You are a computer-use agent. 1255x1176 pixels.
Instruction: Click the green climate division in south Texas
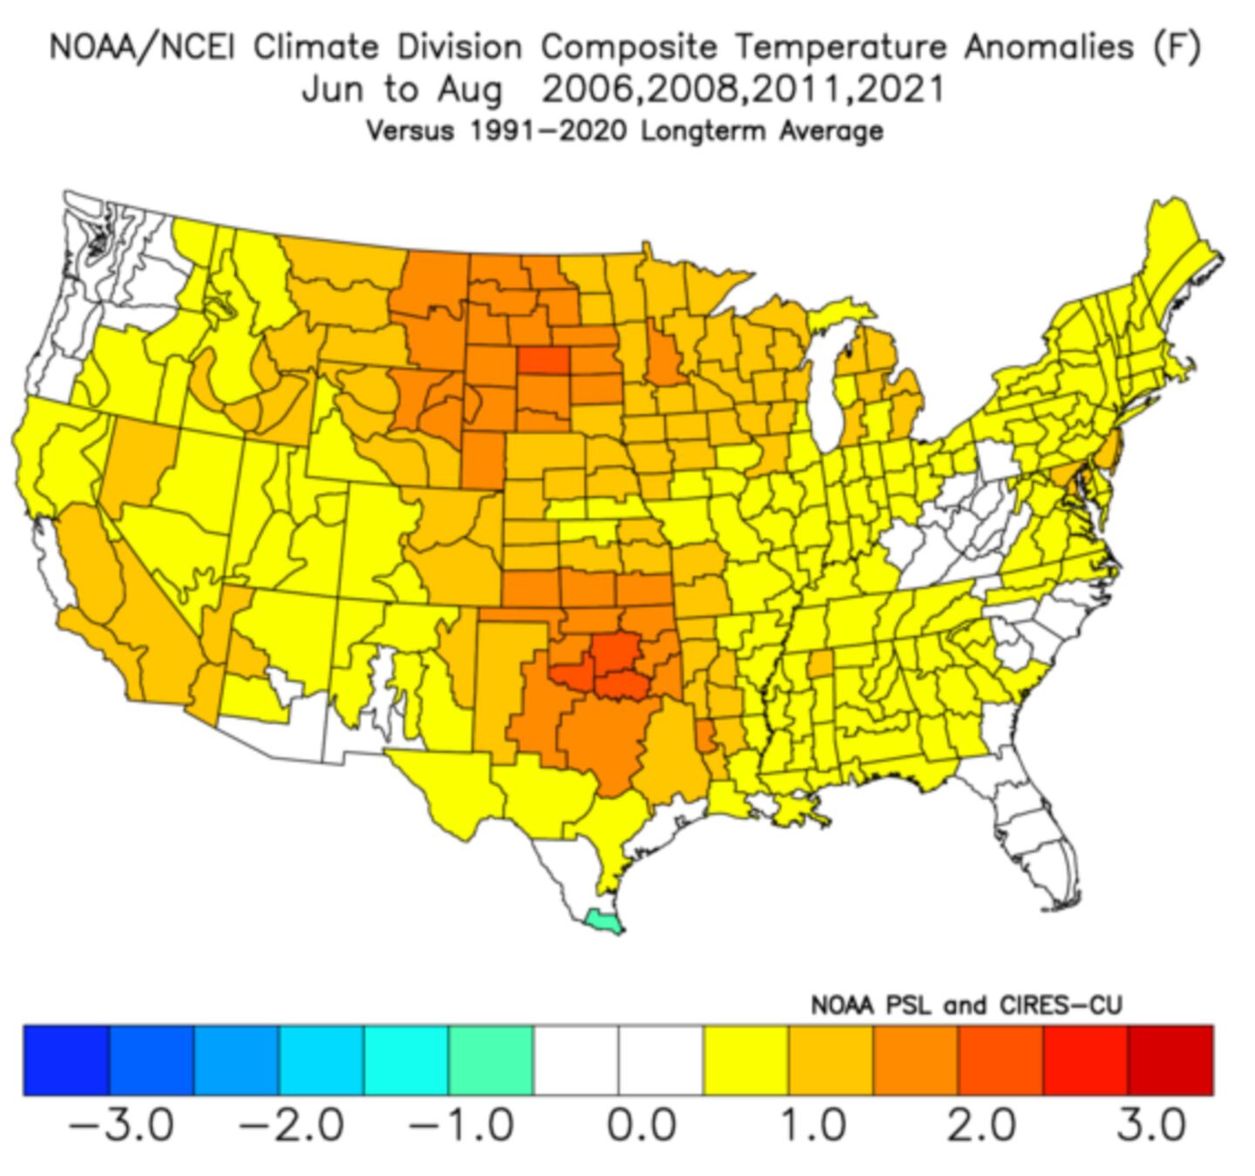(603, 921)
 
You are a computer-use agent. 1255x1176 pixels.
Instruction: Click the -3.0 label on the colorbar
(121, 1125)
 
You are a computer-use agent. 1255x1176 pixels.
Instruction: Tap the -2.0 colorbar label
(291, 1125)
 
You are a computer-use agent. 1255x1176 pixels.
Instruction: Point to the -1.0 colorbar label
(461, 1125)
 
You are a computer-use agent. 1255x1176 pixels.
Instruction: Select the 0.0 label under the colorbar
(641, 1125)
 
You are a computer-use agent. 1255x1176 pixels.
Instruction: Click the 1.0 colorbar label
(811, 1125)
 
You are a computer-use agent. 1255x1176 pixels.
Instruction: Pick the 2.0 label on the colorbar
(981, 1125)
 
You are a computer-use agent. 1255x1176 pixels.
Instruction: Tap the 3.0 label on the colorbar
(1151, 1125)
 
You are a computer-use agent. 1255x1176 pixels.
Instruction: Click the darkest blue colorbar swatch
(66, 1059)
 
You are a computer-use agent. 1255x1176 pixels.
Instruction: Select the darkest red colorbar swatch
(1170, 1059)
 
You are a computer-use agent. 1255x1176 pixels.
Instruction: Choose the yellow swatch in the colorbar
(746, 1059)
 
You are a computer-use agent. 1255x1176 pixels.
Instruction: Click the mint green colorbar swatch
(491, 1059)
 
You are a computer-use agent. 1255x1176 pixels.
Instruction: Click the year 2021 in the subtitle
(902, 89)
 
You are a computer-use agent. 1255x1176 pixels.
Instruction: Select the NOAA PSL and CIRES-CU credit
(966, 1005)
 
